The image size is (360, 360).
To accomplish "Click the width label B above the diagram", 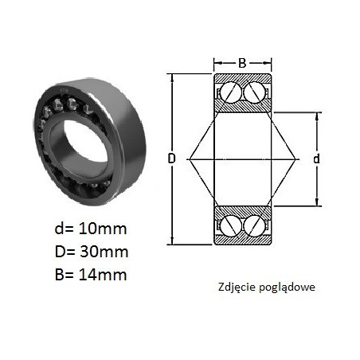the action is click(x=242, y=63).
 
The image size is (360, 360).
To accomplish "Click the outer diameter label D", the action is click(x=172, y=158).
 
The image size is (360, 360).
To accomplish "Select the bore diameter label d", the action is click(x=316, y=158).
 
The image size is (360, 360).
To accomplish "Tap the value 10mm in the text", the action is click(x=103, y=229).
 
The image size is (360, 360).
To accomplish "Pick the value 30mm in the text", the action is click(x=104, y=252).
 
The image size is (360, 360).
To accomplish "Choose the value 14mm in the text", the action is click(x=103, y=275).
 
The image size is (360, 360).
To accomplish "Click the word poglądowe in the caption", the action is click(x=287, y=288).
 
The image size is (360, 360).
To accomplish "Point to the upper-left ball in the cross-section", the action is click(x=230, y=92).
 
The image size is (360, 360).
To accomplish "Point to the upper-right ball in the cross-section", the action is click(x=254, y=92).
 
